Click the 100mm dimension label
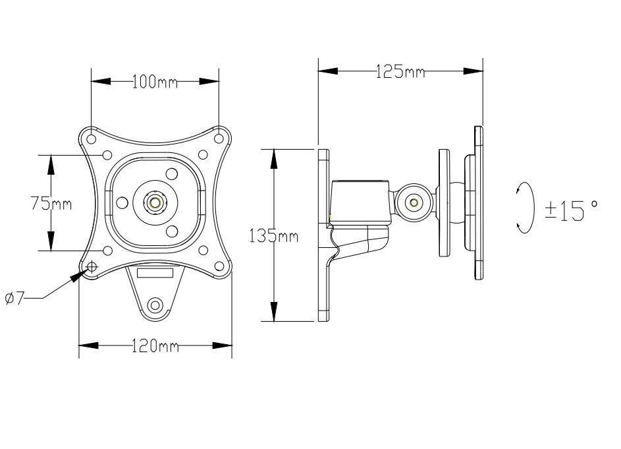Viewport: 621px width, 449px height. (x=155, y=82)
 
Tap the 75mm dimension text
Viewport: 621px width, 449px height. (x=51, y=203)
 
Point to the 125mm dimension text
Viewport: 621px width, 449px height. (x=400, y=71)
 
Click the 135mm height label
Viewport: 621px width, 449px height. (x=273, y=235)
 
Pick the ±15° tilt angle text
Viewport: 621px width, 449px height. (x=571, y=210)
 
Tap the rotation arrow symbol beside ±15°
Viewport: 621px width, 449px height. (x=525, y=208)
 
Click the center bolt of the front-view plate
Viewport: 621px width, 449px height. (x=155, y=202)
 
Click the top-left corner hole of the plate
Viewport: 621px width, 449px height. (x=91, y=138)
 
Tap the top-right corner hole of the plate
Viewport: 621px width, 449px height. (x=219, y=138)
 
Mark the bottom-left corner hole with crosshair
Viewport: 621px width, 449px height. (x=91, y=266)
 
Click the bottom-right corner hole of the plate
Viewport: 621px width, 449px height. (x=219, y=266)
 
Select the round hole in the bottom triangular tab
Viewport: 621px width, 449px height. (x=156, y=305)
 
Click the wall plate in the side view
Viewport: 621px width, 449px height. (x=323, y=235)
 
